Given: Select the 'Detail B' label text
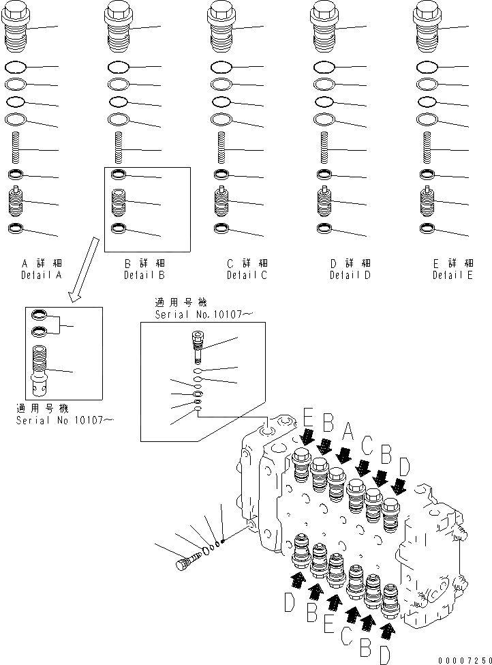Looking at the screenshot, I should click(144, 276).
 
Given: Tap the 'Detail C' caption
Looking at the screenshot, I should click(247, 276).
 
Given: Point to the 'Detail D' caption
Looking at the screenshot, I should click(350, 276).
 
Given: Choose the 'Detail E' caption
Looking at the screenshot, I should click(452, 276).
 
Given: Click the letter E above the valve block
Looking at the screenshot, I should click(308, 418).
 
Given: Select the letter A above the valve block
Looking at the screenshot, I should click(348, 431).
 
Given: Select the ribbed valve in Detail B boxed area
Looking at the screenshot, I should click(118, 202).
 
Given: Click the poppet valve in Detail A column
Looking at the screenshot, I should click(16, 202).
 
